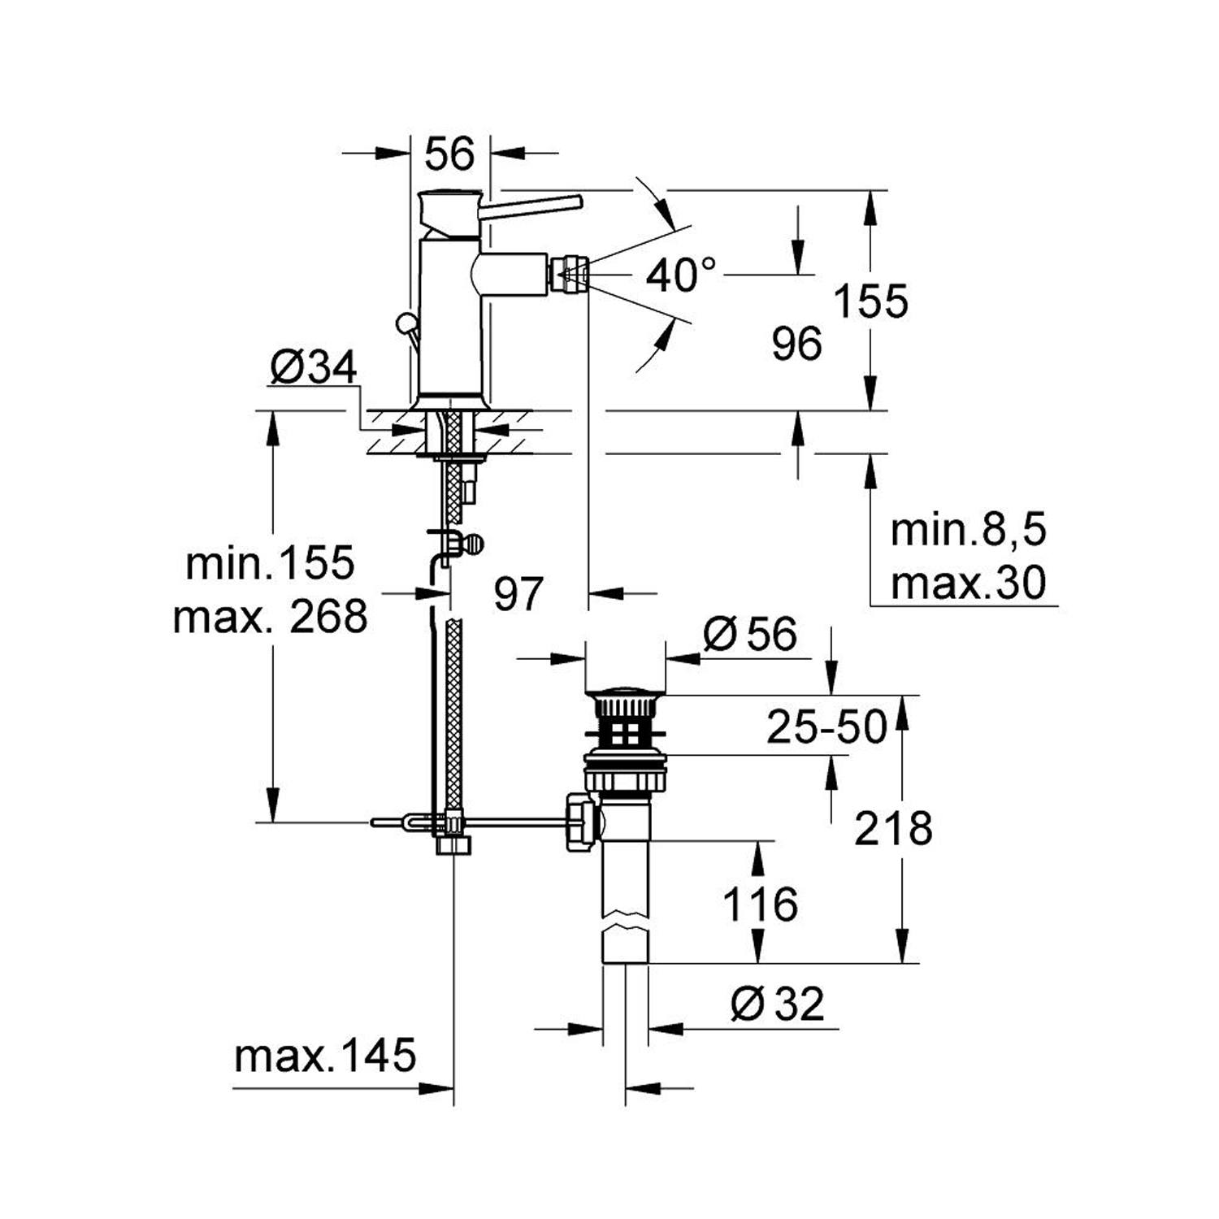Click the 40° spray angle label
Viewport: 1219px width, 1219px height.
click(681, 275)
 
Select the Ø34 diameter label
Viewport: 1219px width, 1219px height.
click(313, 368)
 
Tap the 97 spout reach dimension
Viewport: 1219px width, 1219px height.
click(518, 594)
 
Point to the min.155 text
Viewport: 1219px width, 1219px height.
click(270, 563)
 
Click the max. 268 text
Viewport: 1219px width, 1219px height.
click(270, 617)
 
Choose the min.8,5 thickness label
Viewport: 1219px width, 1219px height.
click(968, 531)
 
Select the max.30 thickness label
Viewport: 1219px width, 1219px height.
click(968, 583)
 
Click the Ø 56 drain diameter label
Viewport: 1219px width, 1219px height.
click(750, 634)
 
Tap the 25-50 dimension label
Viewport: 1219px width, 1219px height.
click(826, 727)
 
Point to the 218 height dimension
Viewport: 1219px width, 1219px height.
click(892, 829)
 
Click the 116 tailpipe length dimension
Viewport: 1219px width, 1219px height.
click(760, 904)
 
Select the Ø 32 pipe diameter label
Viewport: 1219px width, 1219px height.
click(777, 1004)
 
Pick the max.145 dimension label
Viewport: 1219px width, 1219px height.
click(325, 1056)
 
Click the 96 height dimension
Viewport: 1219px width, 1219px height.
click(796, 344)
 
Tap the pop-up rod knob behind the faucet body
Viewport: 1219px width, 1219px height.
click(403, 324)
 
